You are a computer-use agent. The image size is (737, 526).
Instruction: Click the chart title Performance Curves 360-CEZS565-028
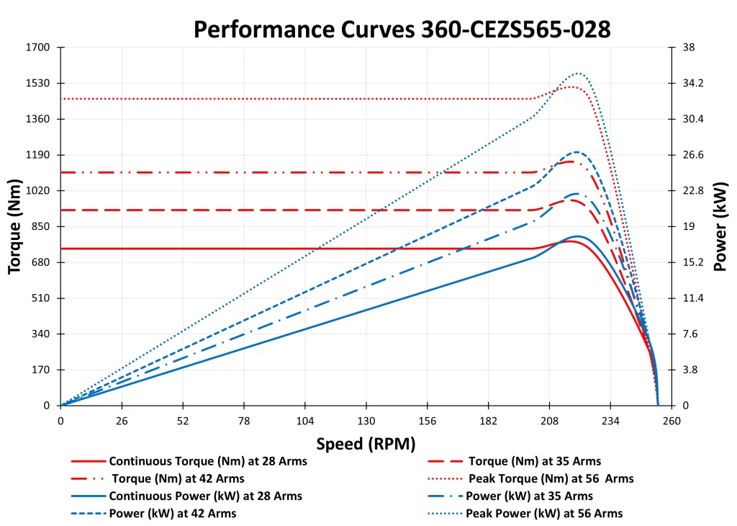(x=402, y=29)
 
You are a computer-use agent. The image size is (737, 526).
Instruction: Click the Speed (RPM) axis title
(x=366, y=443)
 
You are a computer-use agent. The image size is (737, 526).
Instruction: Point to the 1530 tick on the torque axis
(x=38, y=83)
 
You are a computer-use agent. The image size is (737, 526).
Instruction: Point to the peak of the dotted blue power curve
(x=577, y=73)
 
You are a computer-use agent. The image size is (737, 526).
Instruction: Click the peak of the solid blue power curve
(x=577, y=236)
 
